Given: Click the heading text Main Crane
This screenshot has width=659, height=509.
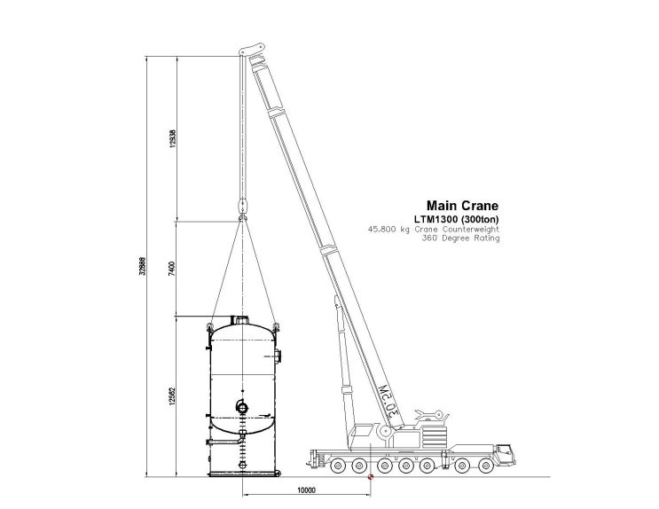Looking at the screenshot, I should pyautogui.click(x=463, y=204).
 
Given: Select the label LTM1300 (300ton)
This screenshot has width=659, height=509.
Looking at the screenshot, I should pyautogui.click(x=459, y=218).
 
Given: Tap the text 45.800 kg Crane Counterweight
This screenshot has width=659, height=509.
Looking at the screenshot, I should pyautogui.click(x=434, y=229).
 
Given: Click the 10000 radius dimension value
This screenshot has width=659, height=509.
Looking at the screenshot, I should pyautogui.click(x=305, y=489).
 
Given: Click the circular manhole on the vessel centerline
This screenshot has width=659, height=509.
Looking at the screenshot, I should pyautogui.click(x=242, y=406).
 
